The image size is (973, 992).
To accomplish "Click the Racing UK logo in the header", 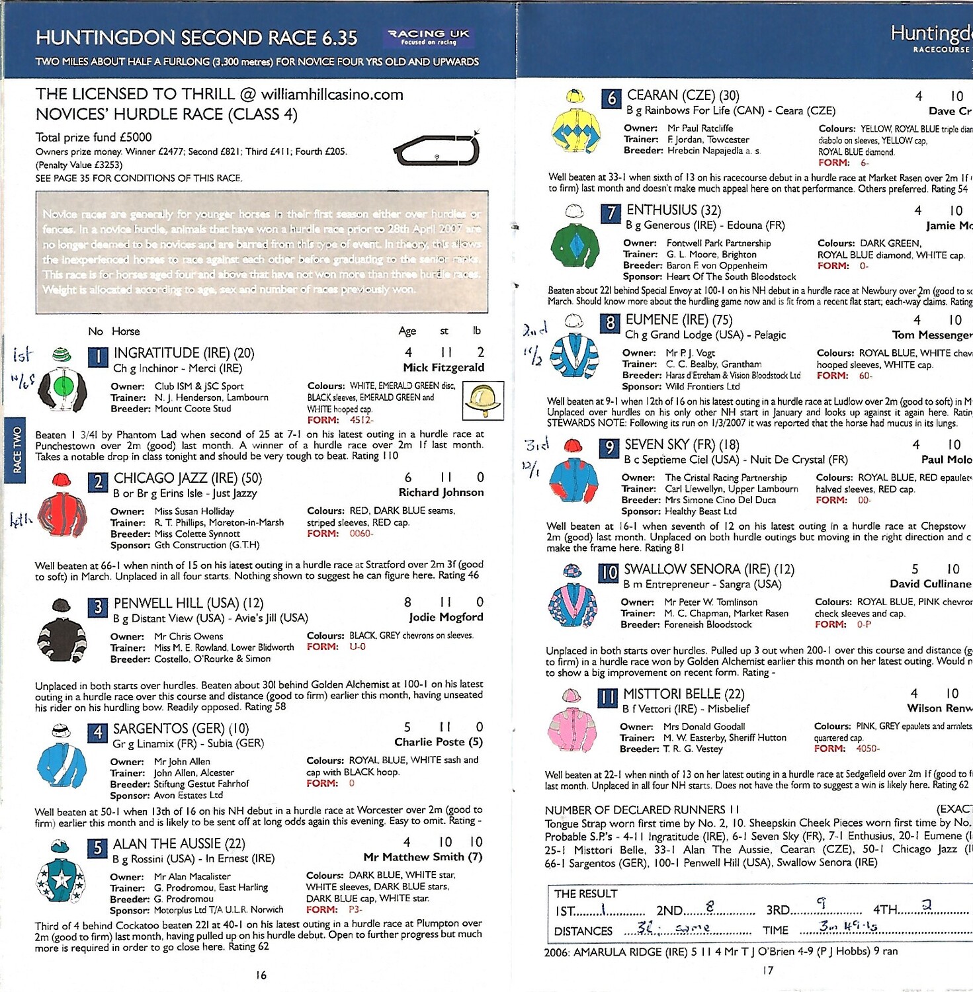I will click(x=428, y=37).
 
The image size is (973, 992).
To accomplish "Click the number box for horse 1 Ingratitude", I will click(x=98, y=357).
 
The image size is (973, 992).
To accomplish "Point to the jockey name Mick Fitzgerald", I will click(x=443, y=368).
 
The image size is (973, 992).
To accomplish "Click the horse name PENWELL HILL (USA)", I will click(x=188, y=603).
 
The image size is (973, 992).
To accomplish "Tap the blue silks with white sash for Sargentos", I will click(x=62, y=765).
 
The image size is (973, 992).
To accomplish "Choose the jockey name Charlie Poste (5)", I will click(x=439, y=742).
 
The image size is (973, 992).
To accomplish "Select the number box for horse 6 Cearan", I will click(x=611, y=99).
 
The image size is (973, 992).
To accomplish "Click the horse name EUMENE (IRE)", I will click(x=679, y=320).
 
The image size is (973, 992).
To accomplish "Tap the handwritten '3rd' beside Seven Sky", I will click(x=536, y=444).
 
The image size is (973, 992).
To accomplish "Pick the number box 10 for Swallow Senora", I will click(x=608, y=573).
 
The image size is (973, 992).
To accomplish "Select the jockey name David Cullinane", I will click(x=930, y=584).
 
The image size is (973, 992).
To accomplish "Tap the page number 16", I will click(x=261, y=975).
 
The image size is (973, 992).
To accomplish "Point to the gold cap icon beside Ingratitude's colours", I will click(x=484, y=399).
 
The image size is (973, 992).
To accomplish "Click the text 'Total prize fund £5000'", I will click(x=93, y=138).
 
